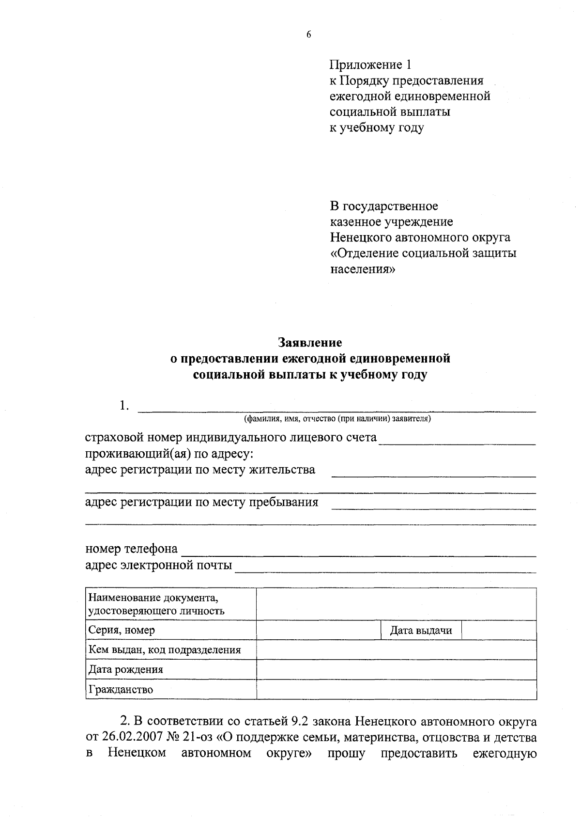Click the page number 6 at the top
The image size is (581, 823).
(x=308, y=34)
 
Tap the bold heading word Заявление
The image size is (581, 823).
(x=310, y=343)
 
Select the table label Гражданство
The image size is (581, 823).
(x=121, y=689)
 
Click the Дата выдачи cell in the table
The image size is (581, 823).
(x=421, y=630)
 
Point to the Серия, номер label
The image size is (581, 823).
(x=122, y=630)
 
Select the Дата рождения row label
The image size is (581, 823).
(x=125, y=669)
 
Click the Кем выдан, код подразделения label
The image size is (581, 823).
(x=165, y=650)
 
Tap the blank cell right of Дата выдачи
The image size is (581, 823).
(x=499, y=630)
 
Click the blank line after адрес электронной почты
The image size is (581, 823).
(x=385, y=568)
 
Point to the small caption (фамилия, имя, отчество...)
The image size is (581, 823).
(x=337, y=418)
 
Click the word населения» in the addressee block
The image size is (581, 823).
(x=363, y=269)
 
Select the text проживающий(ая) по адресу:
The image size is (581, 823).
(x=169, y=454)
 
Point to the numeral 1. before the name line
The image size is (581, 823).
(x=124, y=405)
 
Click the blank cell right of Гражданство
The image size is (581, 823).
(x=396, y=689)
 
